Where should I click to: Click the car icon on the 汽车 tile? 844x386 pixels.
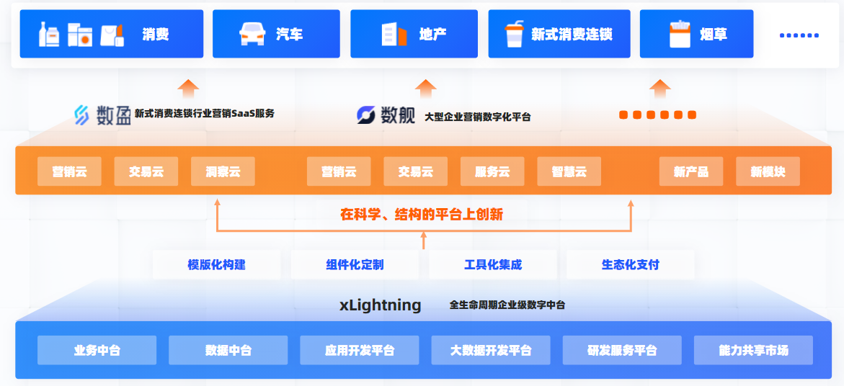pos(252,34)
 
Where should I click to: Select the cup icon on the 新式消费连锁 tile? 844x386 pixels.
pos(514,34)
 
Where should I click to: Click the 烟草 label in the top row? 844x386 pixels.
pos(713,34)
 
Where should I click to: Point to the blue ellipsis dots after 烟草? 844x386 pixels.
pos(799,35)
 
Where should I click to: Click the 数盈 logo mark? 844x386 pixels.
pos(82,115)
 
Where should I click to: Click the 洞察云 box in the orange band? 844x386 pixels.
pos(223,171)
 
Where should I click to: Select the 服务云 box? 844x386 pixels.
pos(492,171)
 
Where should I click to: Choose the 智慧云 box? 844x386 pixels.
pos(569,171)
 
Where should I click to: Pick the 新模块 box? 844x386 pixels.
pos(768,171)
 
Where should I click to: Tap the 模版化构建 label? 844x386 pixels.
pos(216,264)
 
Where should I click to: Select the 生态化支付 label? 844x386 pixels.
pos(630,264)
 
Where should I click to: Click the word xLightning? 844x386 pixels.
pos(381,305)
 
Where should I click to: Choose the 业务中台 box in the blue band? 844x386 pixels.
pos(97,350)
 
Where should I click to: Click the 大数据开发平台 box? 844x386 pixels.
pos(491,350)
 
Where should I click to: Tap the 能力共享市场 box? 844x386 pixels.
pos(753,350)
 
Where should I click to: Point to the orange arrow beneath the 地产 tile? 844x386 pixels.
pos(426,89)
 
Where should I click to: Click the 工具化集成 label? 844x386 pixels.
pos(493,264)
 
